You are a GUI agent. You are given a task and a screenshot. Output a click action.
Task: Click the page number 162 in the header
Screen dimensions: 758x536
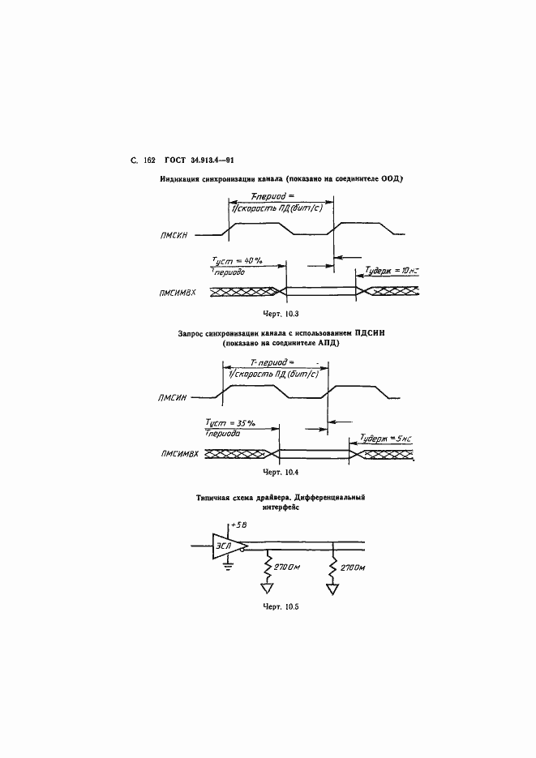coord(148,161)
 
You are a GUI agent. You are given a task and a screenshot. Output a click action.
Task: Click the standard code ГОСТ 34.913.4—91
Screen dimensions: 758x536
coord(199,161)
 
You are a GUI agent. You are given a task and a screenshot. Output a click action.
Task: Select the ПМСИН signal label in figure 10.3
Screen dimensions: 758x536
coord(174,235)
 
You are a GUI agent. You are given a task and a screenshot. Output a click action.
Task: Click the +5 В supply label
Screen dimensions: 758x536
coord(238,526)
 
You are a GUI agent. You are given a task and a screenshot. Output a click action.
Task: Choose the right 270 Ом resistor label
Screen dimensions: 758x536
coord(354,567)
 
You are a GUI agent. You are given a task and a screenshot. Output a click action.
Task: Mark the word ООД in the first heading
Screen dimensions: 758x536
coord(392,178)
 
